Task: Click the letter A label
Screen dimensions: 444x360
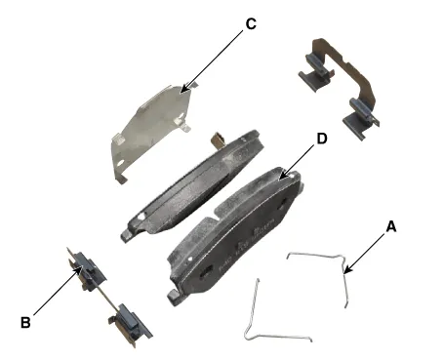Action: point(391,226)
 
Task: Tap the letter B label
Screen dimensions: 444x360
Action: point(25,323)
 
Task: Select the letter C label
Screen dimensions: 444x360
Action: point(251,24)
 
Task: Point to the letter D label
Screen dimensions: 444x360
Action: point(322,139)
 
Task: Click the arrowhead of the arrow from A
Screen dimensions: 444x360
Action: point(346,270)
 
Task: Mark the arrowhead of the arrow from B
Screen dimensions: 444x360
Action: point(79,268)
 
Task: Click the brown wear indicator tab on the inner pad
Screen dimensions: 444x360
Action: point(217,140)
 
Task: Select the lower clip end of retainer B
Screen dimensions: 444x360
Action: point(131,325)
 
